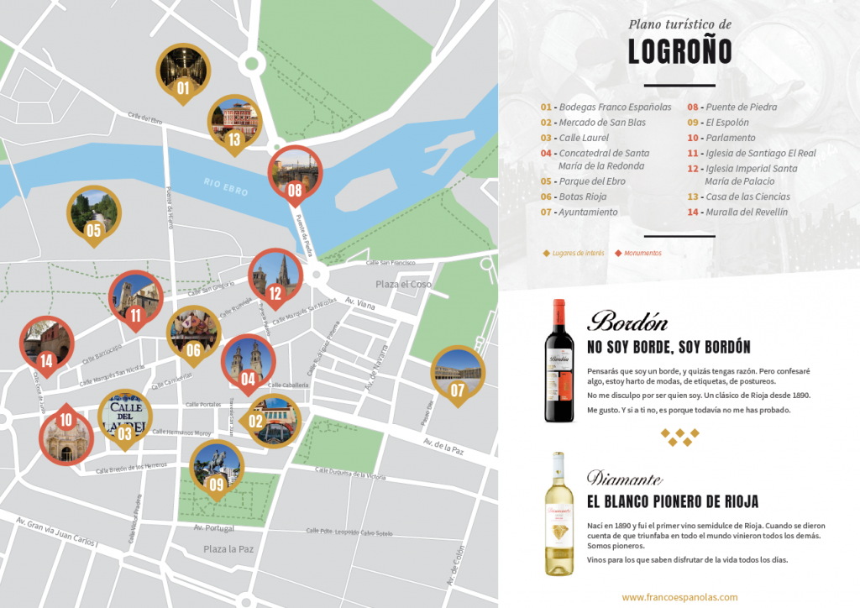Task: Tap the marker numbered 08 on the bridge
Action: (x=294, y=175)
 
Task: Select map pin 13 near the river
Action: (x=234, y=123)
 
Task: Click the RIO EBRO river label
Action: (x=226, y=186)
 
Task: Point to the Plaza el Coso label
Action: (x=403, y=284)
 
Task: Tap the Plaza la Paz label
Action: (x=228, y=548)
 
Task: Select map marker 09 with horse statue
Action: (x=217, y=469)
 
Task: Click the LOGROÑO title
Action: (x=679, y=52)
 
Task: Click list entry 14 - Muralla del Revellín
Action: (x=738, y=212)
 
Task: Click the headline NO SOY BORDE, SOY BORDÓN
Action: (x=669, y=348)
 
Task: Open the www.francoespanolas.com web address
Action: (x=679, y=597)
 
